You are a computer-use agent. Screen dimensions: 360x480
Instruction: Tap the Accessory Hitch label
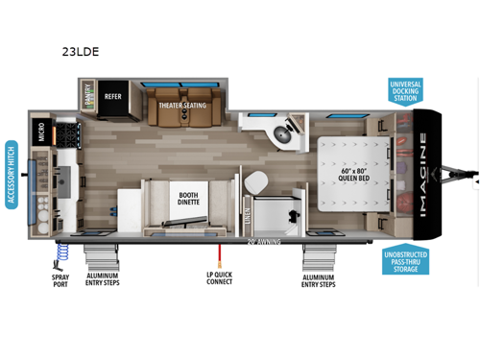click(x=12, y=174)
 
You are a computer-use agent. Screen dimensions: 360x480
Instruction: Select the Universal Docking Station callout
click(x=405, y=92)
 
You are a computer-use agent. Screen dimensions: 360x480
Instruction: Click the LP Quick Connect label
click(x=220, y=279)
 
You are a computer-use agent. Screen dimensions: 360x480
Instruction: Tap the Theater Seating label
click(x=182, y=106)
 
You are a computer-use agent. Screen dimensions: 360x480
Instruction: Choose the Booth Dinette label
click(x=188, y=200)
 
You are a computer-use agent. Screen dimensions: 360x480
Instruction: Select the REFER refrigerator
click(x=113, y=97)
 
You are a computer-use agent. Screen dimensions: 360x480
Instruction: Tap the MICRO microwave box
click(x=42, y=132)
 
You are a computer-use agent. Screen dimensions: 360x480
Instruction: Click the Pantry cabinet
click(x=88, y=95)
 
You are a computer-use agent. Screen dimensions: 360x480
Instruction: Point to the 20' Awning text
click(x=262, y=242)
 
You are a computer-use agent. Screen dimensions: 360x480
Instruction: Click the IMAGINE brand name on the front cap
click(x=423, y=176)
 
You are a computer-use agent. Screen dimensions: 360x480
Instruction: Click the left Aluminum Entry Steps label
click(x=103, y=279)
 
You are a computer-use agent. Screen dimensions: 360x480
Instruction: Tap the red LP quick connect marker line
click(x=220, y=255)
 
